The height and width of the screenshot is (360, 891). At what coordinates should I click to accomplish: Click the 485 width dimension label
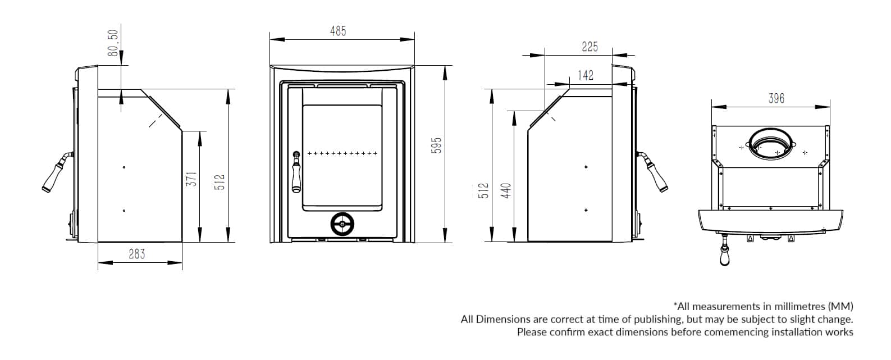point(338,31)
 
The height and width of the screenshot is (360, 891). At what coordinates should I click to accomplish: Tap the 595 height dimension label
point(436,145)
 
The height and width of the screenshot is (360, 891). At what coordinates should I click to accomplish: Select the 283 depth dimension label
point(137,254)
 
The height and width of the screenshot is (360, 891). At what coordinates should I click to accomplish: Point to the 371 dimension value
point(191,179)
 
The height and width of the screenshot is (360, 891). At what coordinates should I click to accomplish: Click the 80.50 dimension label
point(113,43)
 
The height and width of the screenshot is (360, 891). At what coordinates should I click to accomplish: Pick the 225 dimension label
point(590,47)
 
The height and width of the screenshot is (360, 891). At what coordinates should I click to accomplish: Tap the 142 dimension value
point(586,75)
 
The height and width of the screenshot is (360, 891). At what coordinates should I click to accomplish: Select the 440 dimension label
point(505,190)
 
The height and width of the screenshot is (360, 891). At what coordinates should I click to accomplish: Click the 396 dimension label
point(776,98)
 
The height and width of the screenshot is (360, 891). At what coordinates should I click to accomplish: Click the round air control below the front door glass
point(342,224)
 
